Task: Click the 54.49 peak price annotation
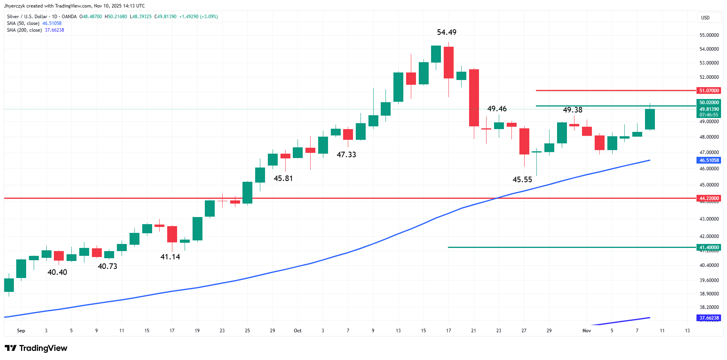click(447, 32)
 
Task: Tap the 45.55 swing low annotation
click(522, 179)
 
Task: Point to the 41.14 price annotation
click(170, 257)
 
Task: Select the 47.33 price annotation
click(346, 154)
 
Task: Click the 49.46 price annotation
click(497, 109)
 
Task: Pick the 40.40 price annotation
click(57, 272)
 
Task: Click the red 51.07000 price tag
click(709, 91)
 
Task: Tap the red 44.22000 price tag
click(709, 198)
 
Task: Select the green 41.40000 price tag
click(709, 248)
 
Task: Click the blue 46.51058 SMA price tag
click(709, 160)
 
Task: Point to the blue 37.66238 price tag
click(709, 318)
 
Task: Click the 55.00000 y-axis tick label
click(709, 35)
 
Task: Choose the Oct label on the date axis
click(298, 331)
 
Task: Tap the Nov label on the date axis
click(587, 331)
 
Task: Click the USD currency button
click(705, 17)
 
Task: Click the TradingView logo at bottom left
click(36, 348)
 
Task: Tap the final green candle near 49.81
click(650, 119)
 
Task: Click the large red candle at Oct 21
click(474, 98)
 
